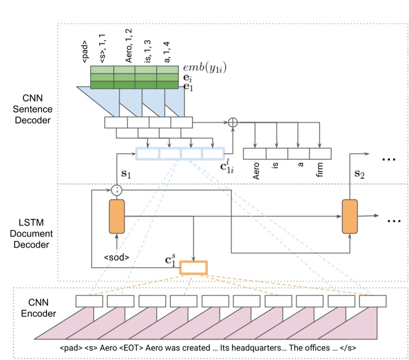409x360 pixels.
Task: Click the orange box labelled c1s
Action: [x=193, y=267]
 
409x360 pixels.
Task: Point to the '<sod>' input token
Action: [x=116, y=257]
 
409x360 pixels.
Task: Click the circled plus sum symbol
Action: [x=232, y=122]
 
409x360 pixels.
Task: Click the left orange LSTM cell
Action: [x=116, y=216]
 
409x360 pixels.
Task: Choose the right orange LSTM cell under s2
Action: [x=349, y=216]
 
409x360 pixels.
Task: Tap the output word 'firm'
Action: [x=320, y=171]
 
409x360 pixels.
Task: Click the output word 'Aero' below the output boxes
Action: [x=255, y=172]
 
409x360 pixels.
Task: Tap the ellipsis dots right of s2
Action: [x=389, y=159]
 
